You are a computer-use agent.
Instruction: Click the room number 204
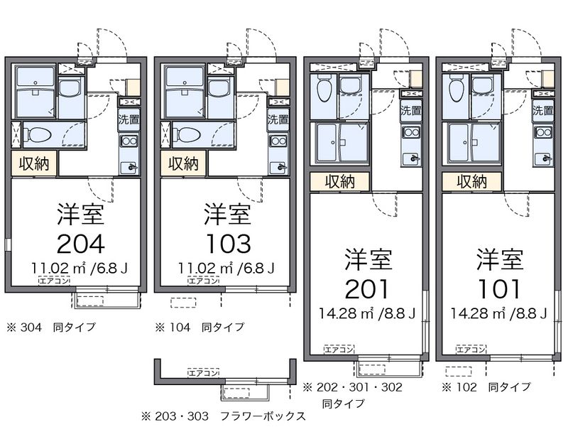coord(81,244)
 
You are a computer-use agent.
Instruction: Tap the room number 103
coord(228,244)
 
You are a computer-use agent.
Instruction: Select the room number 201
coord(367,289)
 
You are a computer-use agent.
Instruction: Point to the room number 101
coord(499,289)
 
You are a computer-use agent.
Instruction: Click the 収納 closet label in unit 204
coord(34,164)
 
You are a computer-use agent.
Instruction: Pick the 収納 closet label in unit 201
coord(339,182)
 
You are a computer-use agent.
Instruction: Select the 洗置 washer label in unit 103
coord(278,119)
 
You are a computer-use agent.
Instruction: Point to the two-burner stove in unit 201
coord(410,132)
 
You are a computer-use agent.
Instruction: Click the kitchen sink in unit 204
coord(129,166)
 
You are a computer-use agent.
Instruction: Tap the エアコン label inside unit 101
coord(471,349)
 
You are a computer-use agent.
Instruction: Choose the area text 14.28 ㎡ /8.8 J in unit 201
coord(367,313)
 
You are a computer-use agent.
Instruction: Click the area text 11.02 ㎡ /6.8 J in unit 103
coord(226,268)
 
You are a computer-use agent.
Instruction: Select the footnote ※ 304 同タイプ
coord(50,328)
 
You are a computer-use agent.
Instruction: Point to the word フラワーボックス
coord(263,416)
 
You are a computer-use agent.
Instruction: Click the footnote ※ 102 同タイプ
coord(486,387)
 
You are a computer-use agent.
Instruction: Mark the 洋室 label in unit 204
coord(80,214)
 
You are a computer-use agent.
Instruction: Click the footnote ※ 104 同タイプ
coord(200,328)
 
